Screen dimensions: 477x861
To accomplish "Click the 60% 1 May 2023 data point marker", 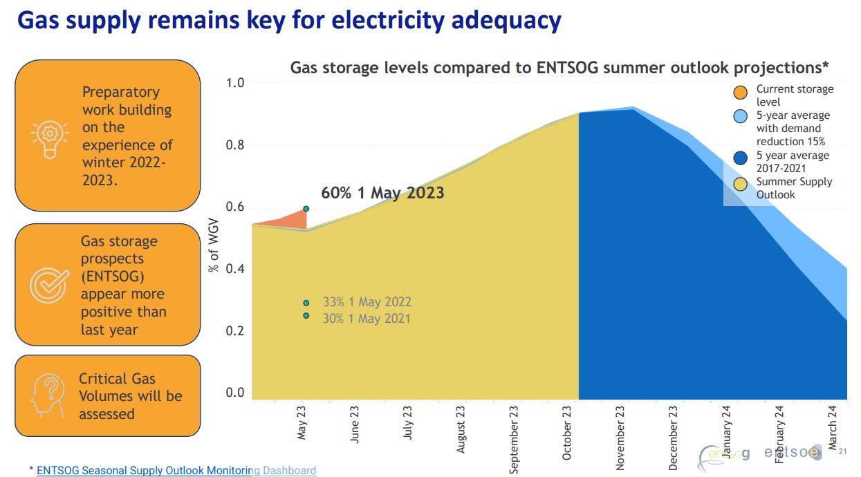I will pos(306,209).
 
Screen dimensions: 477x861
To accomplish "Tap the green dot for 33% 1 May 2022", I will pos(306,303).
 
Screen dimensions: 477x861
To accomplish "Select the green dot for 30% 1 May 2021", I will pos(306,316).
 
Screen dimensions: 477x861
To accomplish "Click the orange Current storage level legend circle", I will pos(741,93).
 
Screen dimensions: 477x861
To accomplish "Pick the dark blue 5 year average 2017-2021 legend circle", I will pos(741,158).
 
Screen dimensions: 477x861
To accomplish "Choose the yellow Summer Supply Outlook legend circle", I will pos(741,185).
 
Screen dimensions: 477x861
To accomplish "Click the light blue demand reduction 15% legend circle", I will pos(741,117).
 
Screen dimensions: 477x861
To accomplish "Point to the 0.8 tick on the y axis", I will pos(235,146).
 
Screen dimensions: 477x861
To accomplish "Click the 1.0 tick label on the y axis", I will pos(235,84).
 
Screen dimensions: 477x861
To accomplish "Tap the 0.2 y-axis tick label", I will pos(235,331).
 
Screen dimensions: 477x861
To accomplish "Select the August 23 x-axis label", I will pos(461,429).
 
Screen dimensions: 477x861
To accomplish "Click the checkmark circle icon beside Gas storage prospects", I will pos(49,285).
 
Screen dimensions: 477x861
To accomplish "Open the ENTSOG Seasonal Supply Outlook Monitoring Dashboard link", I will pos(176,470).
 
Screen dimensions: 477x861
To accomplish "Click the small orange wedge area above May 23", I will pos(292,220).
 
